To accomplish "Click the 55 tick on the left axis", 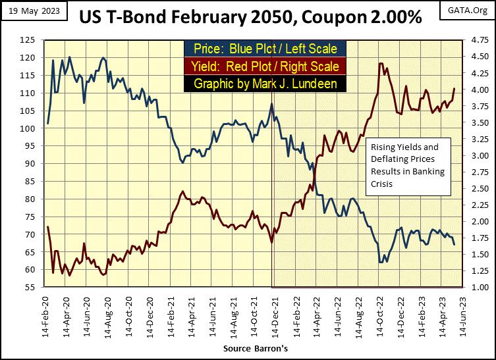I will (30, 288).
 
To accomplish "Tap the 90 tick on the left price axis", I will (30, 164).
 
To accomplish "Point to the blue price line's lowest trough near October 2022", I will (381, 262).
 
